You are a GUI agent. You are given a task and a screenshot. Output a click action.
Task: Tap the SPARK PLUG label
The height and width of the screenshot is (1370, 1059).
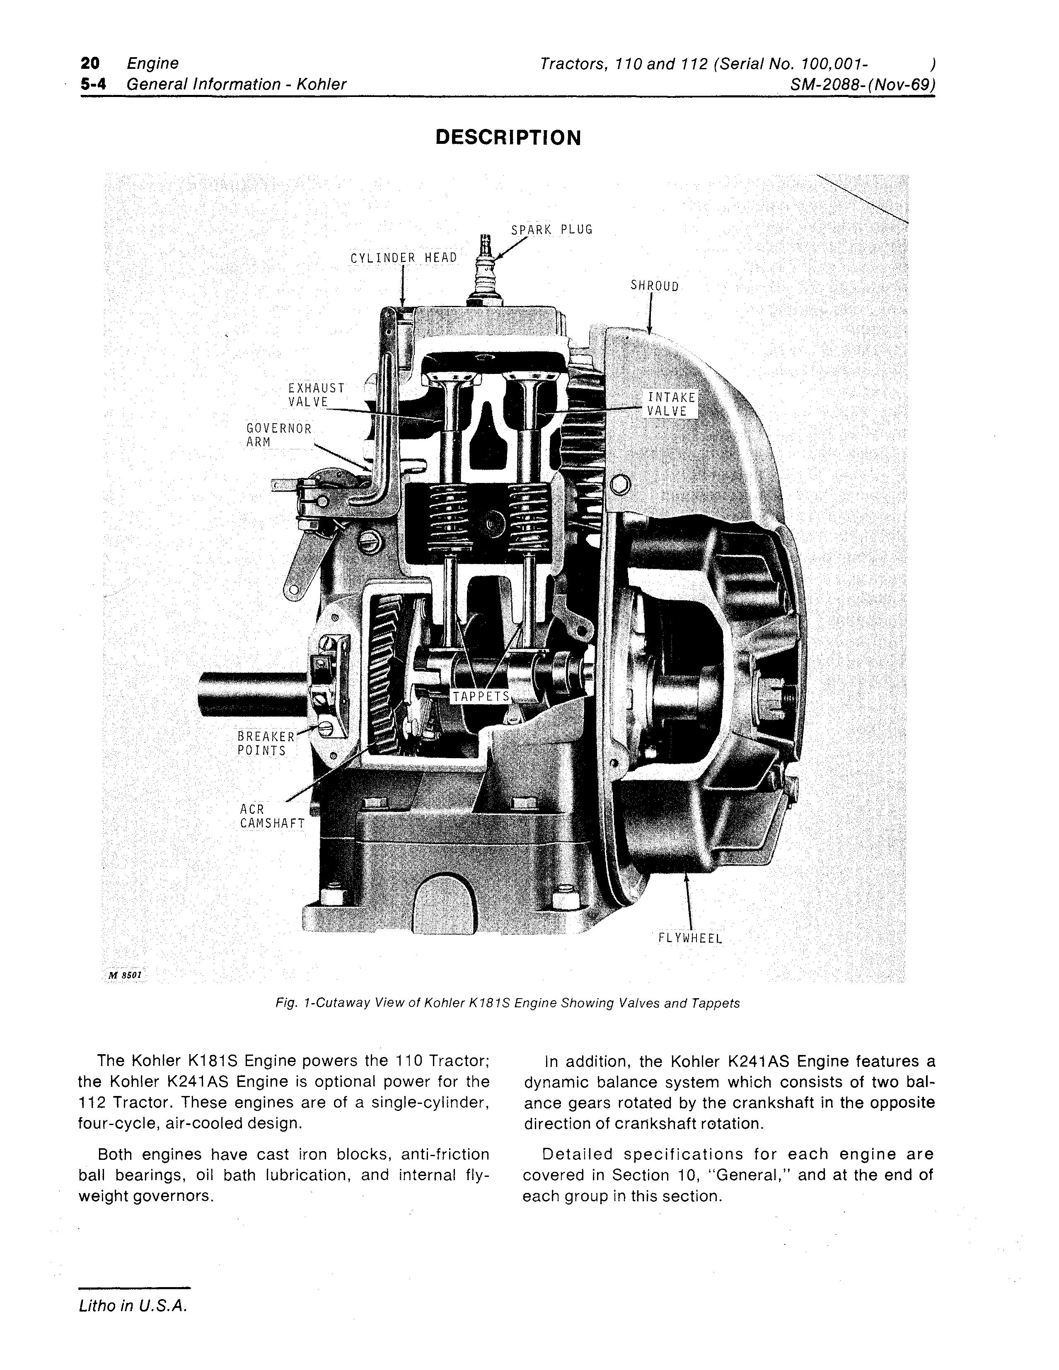tap(552, 230)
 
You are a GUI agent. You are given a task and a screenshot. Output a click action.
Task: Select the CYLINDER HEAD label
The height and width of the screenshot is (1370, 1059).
tap(404, 258)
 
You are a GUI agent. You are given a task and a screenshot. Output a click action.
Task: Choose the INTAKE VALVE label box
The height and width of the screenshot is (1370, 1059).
tap(671, 405)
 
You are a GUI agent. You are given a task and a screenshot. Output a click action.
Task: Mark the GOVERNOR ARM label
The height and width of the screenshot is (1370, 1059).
tap(278, 435)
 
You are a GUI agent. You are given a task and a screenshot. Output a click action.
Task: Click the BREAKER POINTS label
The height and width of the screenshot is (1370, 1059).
tap(265, 743)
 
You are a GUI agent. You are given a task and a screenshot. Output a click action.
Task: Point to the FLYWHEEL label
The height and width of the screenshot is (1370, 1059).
tap(690, 939)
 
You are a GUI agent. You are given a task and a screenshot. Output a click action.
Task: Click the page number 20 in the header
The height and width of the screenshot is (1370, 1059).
tap(89, 63)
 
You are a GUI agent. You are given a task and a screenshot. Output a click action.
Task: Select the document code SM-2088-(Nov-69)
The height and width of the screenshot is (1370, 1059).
tap(863, 85)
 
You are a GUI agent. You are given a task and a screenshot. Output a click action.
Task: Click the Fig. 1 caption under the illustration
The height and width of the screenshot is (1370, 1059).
tap(507, 1003)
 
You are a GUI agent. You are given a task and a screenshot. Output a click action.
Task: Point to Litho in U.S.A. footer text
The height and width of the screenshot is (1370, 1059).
tap(133, 1305)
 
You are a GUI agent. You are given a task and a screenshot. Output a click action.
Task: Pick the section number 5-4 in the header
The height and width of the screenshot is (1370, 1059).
tap(92, 85)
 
